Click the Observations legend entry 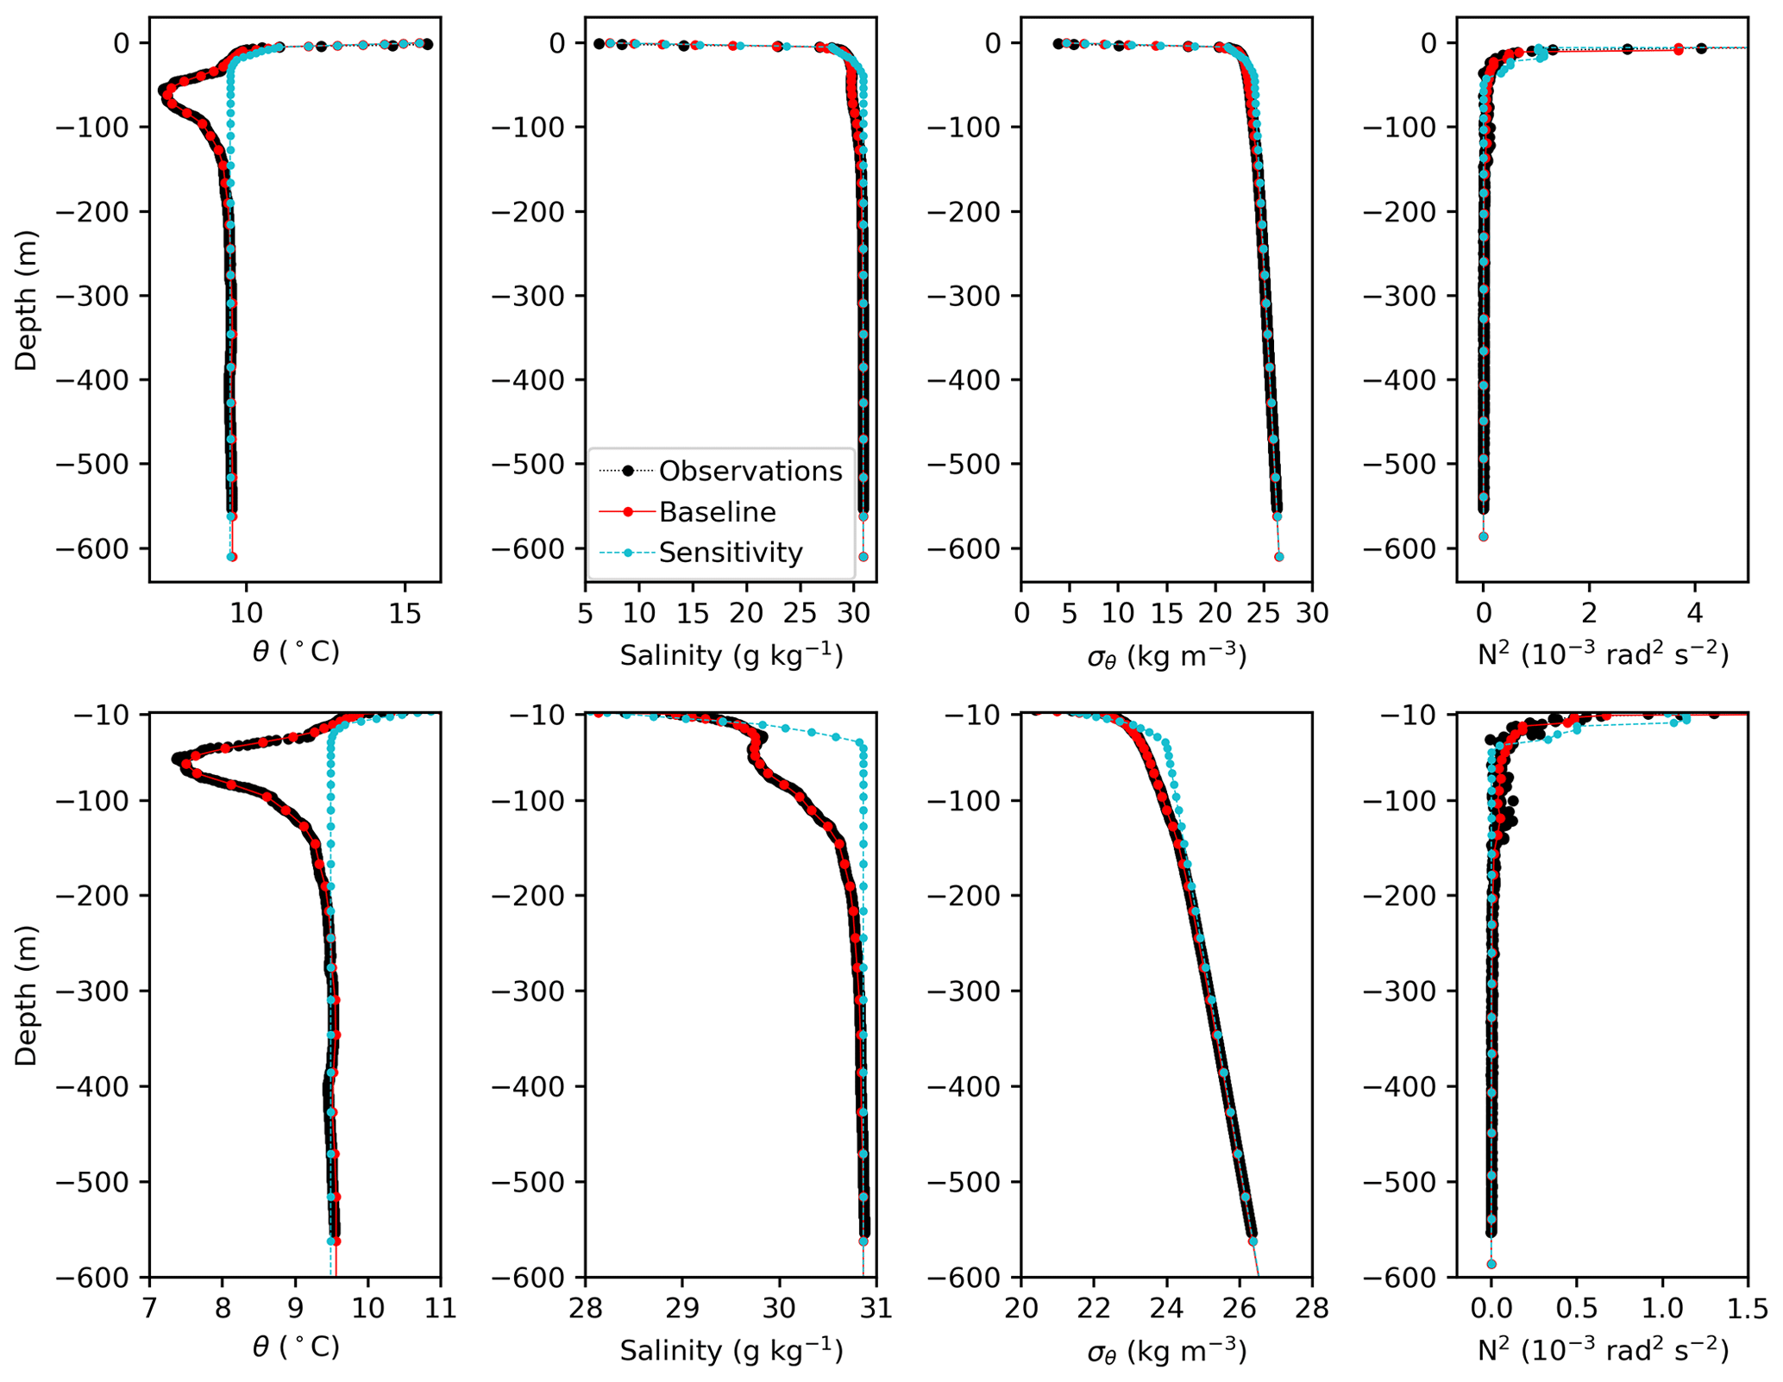point(750,471)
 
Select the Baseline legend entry point(717,512)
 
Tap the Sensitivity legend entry point(730,553)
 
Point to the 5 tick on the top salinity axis point(586,613)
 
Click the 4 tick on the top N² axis point(1695,613)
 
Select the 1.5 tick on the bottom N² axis point(1748,1308)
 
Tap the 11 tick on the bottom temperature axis point(441,1308)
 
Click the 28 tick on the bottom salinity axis point(586,1308)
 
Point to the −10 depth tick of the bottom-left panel point(113,715)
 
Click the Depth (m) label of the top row point(27,300)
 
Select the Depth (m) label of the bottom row point(27,995)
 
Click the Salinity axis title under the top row point(731,656)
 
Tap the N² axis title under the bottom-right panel point(1603,1350)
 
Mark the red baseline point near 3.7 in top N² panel point(1679,50)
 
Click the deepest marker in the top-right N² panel point(1484,536)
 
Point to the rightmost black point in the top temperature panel point(427,44)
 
